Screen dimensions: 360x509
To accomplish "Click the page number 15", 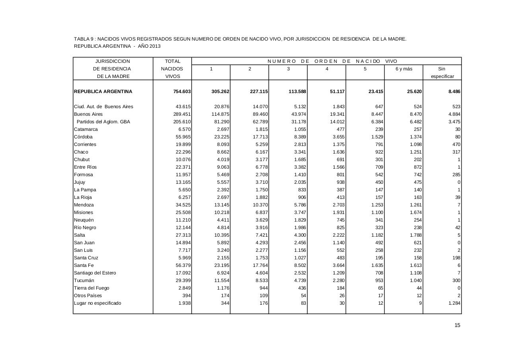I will click(x=457, y=325).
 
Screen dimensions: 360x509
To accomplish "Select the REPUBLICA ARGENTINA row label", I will click(x=103, y=91).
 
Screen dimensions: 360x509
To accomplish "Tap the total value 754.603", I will click(x=182, y=91).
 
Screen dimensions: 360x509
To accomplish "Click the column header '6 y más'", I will click(x=404, y=69).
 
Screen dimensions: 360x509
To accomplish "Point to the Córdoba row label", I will click(x=83, y=137).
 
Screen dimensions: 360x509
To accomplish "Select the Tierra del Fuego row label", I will click(x=91, y=288).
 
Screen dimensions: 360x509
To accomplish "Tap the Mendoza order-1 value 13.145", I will click(x=221, y=205).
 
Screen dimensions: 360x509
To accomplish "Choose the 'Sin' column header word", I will click(x=441, y=69).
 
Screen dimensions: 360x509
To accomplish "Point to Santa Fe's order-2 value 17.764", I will click(x=259, y=265).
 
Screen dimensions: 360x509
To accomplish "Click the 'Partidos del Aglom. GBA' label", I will click(x=103, y=122).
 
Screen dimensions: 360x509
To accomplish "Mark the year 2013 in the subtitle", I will click(x=155, y=46).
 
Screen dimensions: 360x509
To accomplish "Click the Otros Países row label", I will click(x=88, y=296).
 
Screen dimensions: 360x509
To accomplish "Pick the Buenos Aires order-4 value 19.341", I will click(x=336, y=114).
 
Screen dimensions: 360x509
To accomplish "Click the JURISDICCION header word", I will click(x=113, y=61).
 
